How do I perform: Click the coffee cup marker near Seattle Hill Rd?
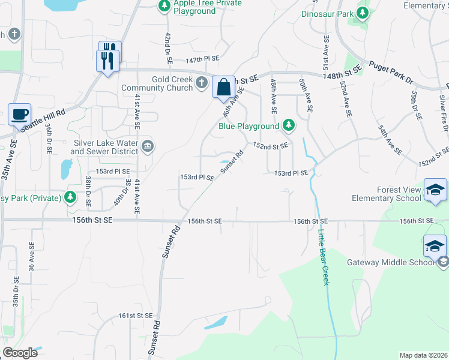click(19, 113)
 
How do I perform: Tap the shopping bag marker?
click(223, 87)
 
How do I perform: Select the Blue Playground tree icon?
click(289, 125)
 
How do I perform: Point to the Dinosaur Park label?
click(327, 13)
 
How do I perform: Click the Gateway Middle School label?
click(390, 262)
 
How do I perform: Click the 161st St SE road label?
click(133, 316)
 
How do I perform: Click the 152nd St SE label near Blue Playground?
click(270, 145)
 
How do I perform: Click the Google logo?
click(20, 352)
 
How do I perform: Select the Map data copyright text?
click(424, 355)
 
